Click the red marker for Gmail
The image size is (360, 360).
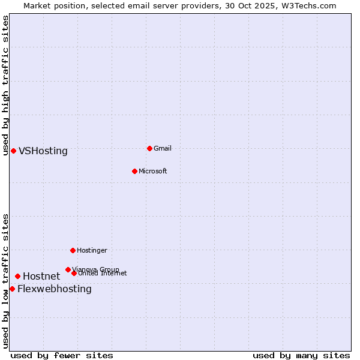click(x=149, y=148)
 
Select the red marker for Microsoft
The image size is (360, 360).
click(x=134, y=171)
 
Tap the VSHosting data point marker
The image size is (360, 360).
click(x=13, y=151)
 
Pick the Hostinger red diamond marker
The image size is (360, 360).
click(x=73, y=250)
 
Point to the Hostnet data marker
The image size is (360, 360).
click(x=17, y=276)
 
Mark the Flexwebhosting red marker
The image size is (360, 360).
click(x=12, y=289)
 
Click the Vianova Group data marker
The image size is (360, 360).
click(x=68, y=269)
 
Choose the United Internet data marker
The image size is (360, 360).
click(x=74, y=273)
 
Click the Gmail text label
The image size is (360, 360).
click(x=163, y=148)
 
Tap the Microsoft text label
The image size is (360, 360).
click(x=153, y=171)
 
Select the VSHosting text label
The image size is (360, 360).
click(x=43, y=151)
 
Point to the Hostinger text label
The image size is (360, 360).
click(x=92, y=250)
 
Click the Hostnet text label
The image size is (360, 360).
click(x=41, y=277)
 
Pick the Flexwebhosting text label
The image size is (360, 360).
click(x=55, y=289)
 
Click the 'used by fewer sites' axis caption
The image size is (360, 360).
click(x=62, y=355)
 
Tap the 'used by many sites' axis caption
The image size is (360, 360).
click(x=301, y=355)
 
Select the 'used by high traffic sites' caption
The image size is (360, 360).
click(x=5, y=85)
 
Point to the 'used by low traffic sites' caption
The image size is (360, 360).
click(x=5, y=280)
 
